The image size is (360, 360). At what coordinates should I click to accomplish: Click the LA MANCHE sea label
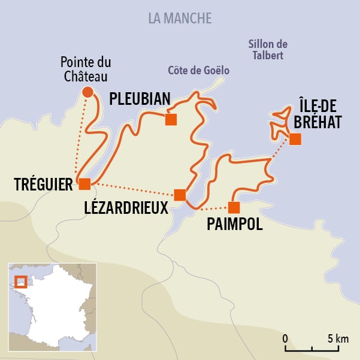coord(180,18)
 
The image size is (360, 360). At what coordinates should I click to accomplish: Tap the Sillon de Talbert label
coord(268,50)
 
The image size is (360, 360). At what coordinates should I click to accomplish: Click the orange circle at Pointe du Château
coord(87,92)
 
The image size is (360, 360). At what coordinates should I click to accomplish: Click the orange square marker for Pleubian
coord(171,119)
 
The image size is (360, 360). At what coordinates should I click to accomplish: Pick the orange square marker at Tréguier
coord(84,184)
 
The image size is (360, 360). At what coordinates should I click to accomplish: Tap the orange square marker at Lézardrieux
coord(179,195)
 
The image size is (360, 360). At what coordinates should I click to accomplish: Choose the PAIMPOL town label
coord(234,226)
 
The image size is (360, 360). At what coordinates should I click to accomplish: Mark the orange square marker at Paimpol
coord(234,207)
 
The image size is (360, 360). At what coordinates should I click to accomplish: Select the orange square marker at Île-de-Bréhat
coord(295,140)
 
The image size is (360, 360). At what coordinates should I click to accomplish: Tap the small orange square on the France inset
coord(21,282)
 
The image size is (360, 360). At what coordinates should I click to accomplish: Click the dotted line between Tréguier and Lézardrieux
coord(132,189)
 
